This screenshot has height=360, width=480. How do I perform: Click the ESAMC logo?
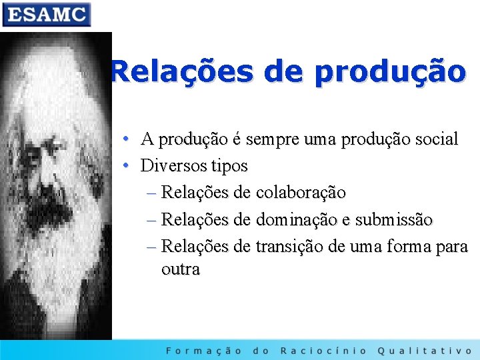coord(46,14)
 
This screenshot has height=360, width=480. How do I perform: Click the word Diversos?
coord(175,165)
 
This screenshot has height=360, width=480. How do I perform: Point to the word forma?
coord(407,246)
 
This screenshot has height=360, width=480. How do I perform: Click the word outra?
coord(180,269)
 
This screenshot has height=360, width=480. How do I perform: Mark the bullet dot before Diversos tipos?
coord(127,165)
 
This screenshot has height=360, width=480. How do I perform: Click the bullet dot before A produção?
coord(127,139)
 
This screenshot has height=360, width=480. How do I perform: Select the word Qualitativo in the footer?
coord(425,351)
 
